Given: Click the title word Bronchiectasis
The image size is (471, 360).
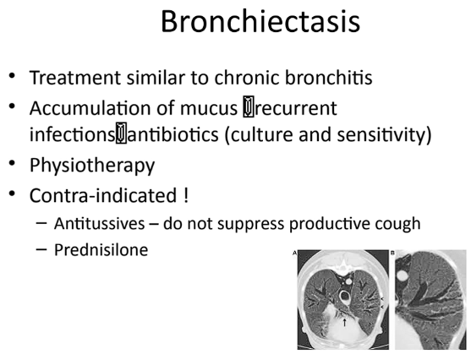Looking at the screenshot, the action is pyautogui.click(x=260, y=22).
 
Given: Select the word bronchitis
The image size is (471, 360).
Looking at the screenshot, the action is pyautogui.click(x=329, y=78).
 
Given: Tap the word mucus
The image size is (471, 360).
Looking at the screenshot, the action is pyautogui.click(x=209, y=108).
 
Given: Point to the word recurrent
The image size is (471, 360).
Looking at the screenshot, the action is pyautogui.click(x=296, y=108).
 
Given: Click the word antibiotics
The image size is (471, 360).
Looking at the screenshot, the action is pyautogui.click(x=173, y=134).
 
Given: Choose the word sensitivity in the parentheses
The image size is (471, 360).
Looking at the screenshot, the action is pyautogui.click(x=381, y=134).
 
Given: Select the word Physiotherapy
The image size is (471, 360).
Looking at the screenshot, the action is pyautogui.click(x=92, y=166).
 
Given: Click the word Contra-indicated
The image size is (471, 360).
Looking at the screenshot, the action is pyautogui.click(x=103, y=195).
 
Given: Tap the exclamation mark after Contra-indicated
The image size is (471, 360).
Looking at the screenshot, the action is pyautogui.click(x=185, y=195).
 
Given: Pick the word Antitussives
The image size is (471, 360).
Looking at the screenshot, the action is pyautogui.click(x=100, y=224).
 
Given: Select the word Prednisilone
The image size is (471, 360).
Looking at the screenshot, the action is pyautogui.click(x=101, y=250).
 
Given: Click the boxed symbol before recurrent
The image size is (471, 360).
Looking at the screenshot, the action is pyautogui.click(x=249, y=106).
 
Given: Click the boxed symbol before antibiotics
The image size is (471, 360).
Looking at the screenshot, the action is pyautogui.click(x=121, y=133).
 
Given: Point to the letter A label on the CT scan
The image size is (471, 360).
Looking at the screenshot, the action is pyautogui.click(x=294, y=254).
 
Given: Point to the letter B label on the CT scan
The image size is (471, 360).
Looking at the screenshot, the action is pyautogui.click(x=392, y=254).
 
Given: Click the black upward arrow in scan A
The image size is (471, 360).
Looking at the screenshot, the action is pyautogui.click(x=344, y=323).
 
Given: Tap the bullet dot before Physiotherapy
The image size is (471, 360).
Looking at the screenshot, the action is pyautogui.click(x=12, y=163).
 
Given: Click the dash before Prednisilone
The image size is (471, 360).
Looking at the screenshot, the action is pyautogui.click(x=41, y=249).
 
